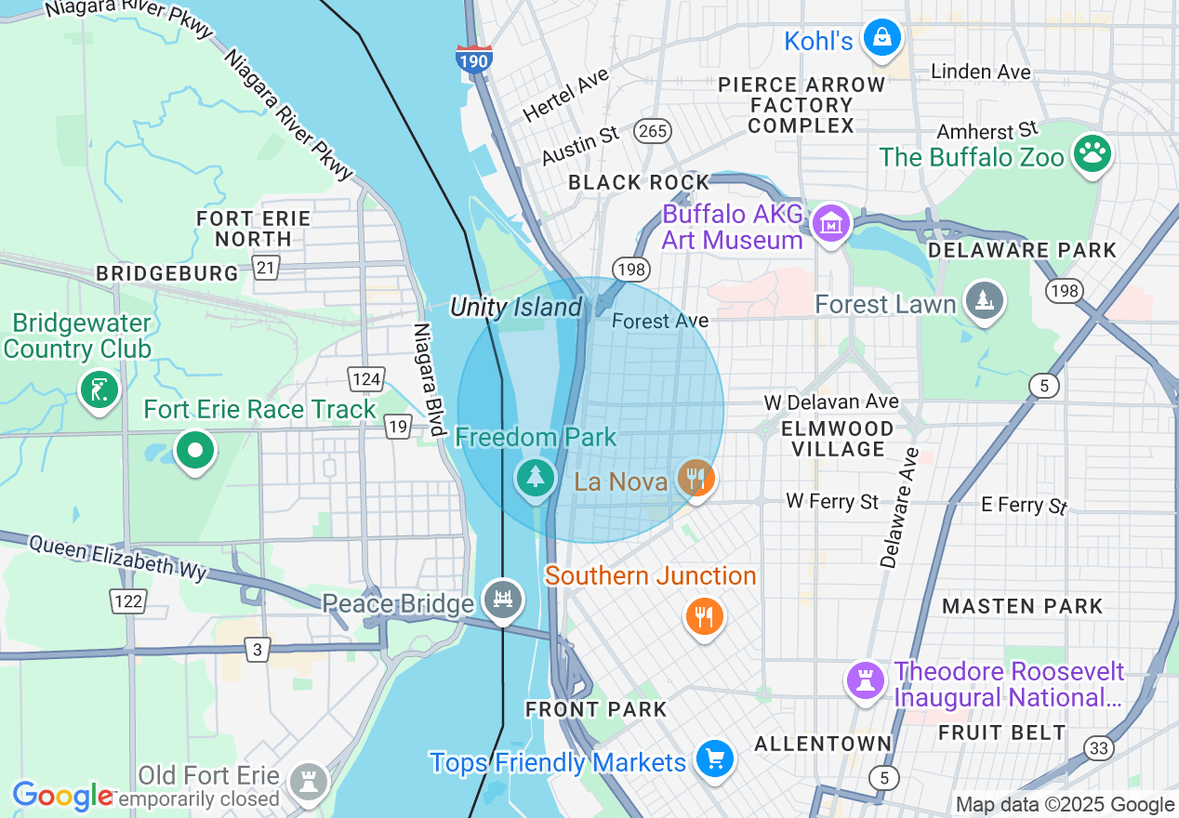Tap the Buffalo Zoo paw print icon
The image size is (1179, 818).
point(1092,154)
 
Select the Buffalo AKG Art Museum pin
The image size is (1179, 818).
point(831,224)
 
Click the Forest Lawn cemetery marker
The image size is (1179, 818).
point(983,301)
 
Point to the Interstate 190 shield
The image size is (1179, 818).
point(474,59)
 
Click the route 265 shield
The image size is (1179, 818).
point(653,131)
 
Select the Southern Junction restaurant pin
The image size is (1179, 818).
point(705,616)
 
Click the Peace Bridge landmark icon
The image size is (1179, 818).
point(503,600)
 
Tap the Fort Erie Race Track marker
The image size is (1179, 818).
point(195,452)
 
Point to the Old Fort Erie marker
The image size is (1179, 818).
point(307,781)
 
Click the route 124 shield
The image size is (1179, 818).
point(366,378)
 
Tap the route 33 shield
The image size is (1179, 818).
point(1098,748)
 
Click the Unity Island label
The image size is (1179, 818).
point(516,307)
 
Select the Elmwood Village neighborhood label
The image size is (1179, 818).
point(838,439)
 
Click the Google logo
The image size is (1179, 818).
point(61,797)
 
